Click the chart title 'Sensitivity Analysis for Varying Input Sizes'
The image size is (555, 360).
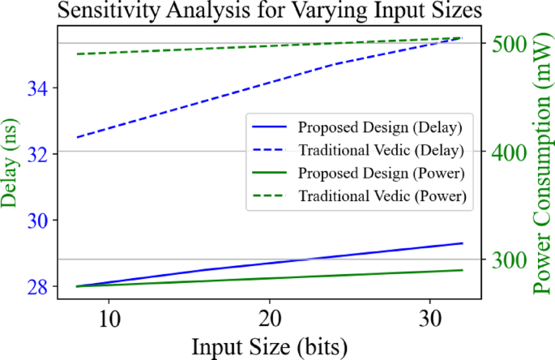click(x=269, y=11)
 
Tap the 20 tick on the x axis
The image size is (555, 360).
click(x=270, y=315)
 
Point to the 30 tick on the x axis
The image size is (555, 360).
click(x=430, y=315)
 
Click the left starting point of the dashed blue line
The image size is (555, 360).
click(x=77, y=138)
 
